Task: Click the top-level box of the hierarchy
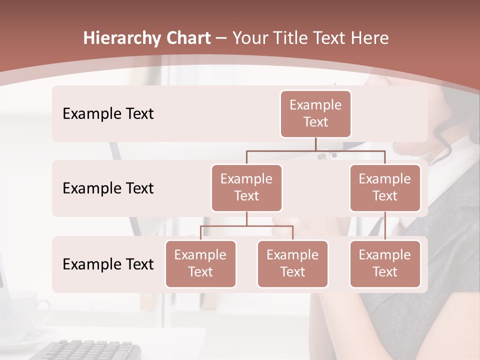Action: (315, 113)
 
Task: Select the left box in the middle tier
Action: (246, 187)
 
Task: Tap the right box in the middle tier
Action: (385, 187)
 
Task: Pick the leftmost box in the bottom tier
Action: (200, 263)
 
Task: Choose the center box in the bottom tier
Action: (292, 263)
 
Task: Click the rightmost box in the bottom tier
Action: (385, 263)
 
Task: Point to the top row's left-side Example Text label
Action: (108, 114)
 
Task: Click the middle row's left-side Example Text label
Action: (108, 188)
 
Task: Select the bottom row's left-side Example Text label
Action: (108, 264)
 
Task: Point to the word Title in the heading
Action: (290, 38)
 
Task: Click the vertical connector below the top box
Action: (315, 144)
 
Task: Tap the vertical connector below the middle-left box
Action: (246, 218)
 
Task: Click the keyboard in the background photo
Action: (90, 349)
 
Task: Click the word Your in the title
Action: (250, 38)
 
